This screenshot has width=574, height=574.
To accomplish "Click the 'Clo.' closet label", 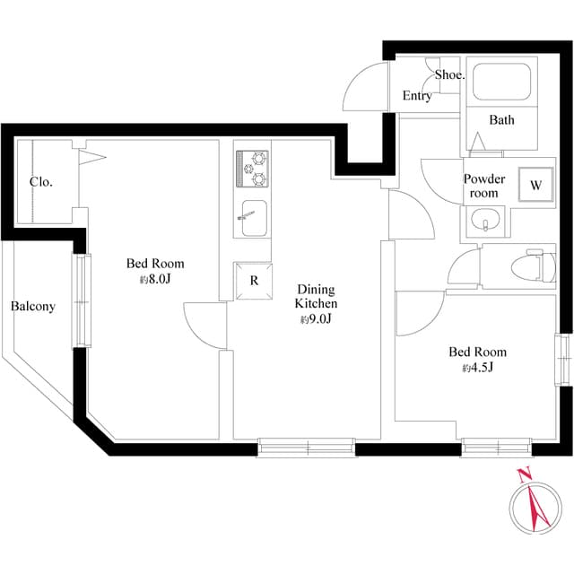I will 40,182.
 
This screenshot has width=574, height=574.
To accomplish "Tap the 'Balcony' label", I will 33,307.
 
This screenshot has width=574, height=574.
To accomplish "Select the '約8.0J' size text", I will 154,280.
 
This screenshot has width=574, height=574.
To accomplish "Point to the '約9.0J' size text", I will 316,319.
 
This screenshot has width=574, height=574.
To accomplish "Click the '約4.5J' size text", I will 477,368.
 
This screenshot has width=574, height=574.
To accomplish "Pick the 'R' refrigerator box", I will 254,281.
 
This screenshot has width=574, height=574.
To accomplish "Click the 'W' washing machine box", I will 535,187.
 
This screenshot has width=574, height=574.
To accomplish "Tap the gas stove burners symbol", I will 253,166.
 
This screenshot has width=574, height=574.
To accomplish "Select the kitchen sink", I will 252,217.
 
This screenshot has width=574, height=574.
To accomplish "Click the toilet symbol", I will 526,266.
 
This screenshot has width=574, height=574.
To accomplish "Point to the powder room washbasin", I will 484,221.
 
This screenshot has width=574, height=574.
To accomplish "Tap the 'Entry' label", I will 417,96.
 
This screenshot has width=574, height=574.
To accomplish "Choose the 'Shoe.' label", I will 450,75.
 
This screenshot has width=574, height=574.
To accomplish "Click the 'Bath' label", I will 501,120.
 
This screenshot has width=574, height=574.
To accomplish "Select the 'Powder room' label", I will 484,186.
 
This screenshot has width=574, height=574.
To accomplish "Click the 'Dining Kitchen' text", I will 316,296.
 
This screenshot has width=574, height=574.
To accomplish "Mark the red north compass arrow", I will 539,507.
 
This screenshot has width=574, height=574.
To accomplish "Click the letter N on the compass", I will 526,474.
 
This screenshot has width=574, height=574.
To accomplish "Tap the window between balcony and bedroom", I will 81,301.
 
